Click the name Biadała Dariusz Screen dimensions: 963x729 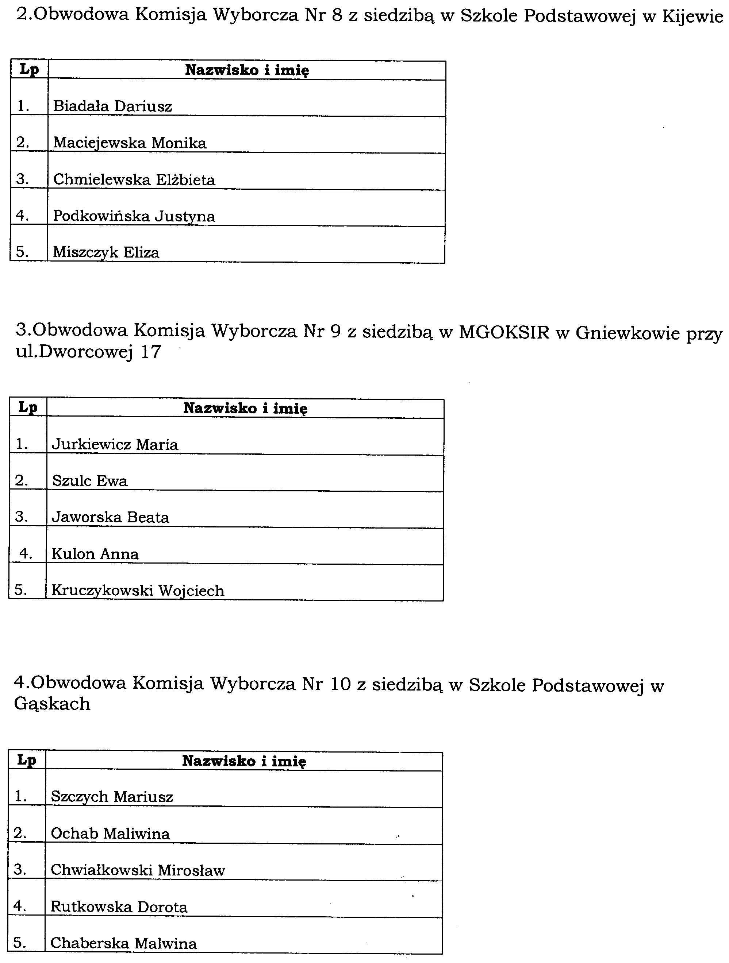point(112,106)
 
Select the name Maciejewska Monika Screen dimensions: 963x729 point(130,143)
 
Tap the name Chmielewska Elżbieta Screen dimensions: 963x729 point(134,180)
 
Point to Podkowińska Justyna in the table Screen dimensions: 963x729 point(134,216)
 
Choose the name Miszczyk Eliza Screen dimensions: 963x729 point(106,252)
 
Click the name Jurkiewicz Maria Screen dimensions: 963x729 point(115,445)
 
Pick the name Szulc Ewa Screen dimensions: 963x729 point(90,481)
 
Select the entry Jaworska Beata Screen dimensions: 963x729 point(110,517)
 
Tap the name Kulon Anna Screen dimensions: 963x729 point(95,554)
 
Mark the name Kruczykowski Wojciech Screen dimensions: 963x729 point(138,591)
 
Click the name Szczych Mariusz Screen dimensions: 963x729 point(112,797)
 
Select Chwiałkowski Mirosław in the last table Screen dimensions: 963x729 point(138,870)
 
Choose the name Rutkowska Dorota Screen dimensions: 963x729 point(119,907)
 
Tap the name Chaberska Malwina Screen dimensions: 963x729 point(124,943)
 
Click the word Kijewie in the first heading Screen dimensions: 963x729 point(692,16)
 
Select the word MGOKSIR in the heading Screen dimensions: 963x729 point(504,332)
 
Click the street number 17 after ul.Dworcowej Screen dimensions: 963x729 point(151,352)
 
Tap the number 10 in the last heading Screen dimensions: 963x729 point(340,684)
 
